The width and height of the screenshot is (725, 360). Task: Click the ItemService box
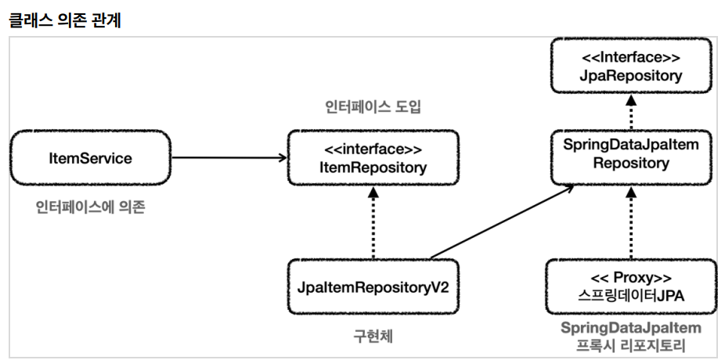(91, 157)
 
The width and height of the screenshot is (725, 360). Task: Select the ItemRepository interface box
(373, 157)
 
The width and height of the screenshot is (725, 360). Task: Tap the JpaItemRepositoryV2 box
(373, 286)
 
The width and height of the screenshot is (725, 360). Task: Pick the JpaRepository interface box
(631, 66)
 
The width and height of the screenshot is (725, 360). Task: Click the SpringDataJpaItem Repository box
(631, 157)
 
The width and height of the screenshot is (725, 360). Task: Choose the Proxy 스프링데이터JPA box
(631, 286)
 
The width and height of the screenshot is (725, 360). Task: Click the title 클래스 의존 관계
(65, 20)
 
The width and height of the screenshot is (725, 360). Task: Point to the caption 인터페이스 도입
(373, 106)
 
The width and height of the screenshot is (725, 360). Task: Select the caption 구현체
(373, 337)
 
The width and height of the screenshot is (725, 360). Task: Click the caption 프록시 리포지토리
(631, 345)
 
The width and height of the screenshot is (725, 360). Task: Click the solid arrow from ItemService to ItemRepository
(229, 157)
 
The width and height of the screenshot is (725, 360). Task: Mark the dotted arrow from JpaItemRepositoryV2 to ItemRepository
(373, 222)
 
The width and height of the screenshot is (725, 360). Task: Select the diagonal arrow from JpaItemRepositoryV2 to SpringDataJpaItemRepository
(502, 221)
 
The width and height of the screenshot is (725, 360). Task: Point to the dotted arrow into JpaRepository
(631, 111)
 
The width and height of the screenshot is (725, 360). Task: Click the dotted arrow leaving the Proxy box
(631, 222)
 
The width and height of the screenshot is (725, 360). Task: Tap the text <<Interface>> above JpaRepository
(631, 57)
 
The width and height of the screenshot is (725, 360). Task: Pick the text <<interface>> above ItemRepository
(373, 149)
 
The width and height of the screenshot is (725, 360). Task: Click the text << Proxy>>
(631, 278)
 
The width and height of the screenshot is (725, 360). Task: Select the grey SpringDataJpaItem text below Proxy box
(631, 328)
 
